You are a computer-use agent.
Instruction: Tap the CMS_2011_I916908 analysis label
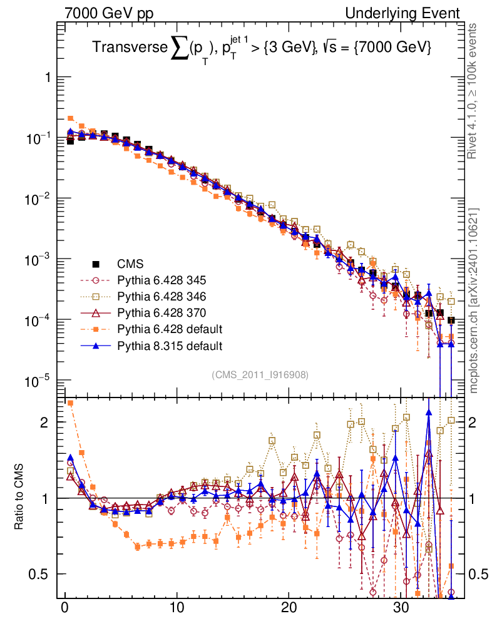[260, 374]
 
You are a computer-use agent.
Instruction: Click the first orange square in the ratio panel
[71, 403]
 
